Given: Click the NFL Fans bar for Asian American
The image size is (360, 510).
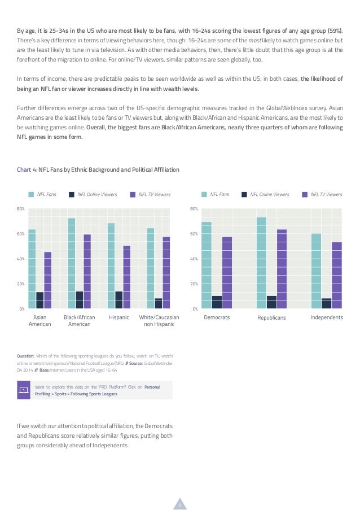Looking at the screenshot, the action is point(32,269).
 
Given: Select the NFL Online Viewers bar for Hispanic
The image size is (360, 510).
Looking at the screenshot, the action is point(119,299).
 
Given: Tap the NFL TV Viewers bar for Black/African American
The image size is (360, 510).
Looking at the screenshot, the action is point(87,271).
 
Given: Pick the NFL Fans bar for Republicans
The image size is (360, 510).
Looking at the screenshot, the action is point(261,263).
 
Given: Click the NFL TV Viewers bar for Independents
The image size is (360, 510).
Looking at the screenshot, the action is point(337,275).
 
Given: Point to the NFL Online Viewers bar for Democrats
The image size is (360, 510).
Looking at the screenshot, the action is point(217,302).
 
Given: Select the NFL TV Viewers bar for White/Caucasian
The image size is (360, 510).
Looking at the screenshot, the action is point(166,273).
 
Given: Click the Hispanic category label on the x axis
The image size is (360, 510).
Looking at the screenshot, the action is point(119,317).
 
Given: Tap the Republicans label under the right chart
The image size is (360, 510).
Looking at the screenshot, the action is point(271,317).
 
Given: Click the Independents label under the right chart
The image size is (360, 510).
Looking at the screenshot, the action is point(327,317).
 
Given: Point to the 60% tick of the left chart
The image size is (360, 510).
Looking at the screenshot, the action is point(20,234).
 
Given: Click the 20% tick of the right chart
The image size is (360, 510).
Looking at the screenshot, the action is point(194,284).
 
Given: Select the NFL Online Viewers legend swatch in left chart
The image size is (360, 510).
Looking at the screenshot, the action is point(72,194).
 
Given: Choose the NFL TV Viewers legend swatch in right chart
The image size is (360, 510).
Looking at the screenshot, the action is point(305,194).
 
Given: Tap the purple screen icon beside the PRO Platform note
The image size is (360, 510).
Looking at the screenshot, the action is point(23,390).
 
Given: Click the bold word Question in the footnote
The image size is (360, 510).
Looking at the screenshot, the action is point(25,356).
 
